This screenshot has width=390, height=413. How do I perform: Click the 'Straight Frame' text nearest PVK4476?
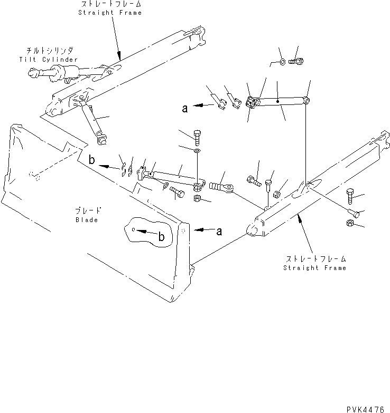pyautogui.click(x=314, y=268)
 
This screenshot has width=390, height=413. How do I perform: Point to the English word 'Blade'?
pyautogui.click(x=86, y=219)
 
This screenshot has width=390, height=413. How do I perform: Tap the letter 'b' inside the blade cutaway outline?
pyautogui.click(x=162, y=238)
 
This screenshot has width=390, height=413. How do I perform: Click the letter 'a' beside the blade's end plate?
pyautogui.click(x=219, y=230)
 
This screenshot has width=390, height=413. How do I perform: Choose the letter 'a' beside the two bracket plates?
pyautogui.click(x=184, y=109)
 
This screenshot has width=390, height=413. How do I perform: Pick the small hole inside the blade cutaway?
pyautogui.click(x=134, y=229)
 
